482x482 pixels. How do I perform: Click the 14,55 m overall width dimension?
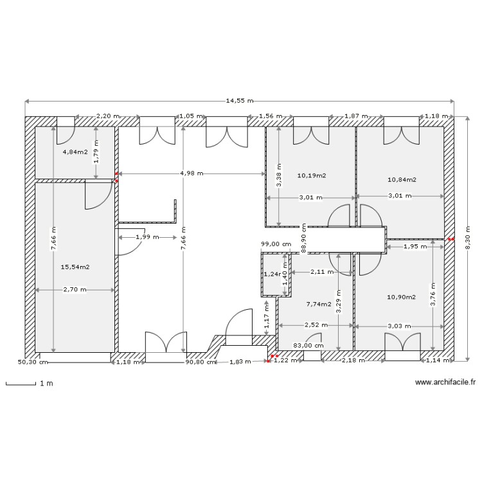239,101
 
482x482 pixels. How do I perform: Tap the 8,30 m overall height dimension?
468,237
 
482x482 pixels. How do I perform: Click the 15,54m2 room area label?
75,267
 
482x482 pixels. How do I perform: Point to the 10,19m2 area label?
312,175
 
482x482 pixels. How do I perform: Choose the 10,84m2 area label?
402,180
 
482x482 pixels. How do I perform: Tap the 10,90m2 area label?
402,297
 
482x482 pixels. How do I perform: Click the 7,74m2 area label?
319,304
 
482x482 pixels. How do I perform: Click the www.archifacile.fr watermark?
445,382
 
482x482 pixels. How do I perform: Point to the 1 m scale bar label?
46,384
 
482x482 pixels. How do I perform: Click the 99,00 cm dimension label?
276,244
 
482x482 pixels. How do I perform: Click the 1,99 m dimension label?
145,237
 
